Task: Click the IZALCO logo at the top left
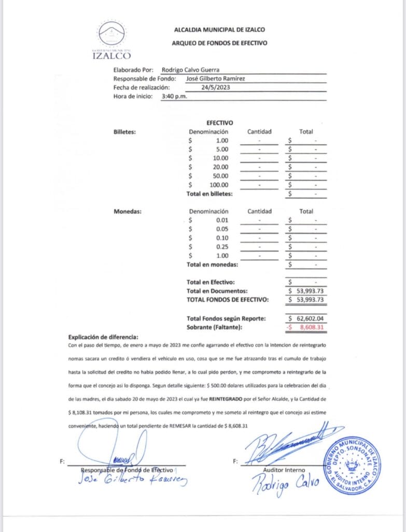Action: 111,41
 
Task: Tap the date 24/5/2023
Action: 216,87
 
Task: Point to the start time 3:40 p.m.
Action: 174,96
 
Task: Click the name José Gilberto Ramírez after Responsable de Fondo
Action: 215,78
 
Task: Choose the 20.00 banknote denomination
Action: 220,167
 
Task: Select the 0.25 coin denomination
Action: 221,247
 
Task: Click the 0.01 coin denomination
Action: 221,220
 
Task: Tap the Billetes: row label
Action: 124,131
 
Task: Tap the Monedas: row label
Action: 128,211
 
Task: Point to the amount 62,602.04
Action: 310,318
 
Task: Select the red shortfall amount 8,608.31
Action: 310,327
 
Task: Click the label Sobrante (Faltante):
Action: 214,327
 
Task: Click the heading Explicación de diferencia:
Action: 103,336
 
